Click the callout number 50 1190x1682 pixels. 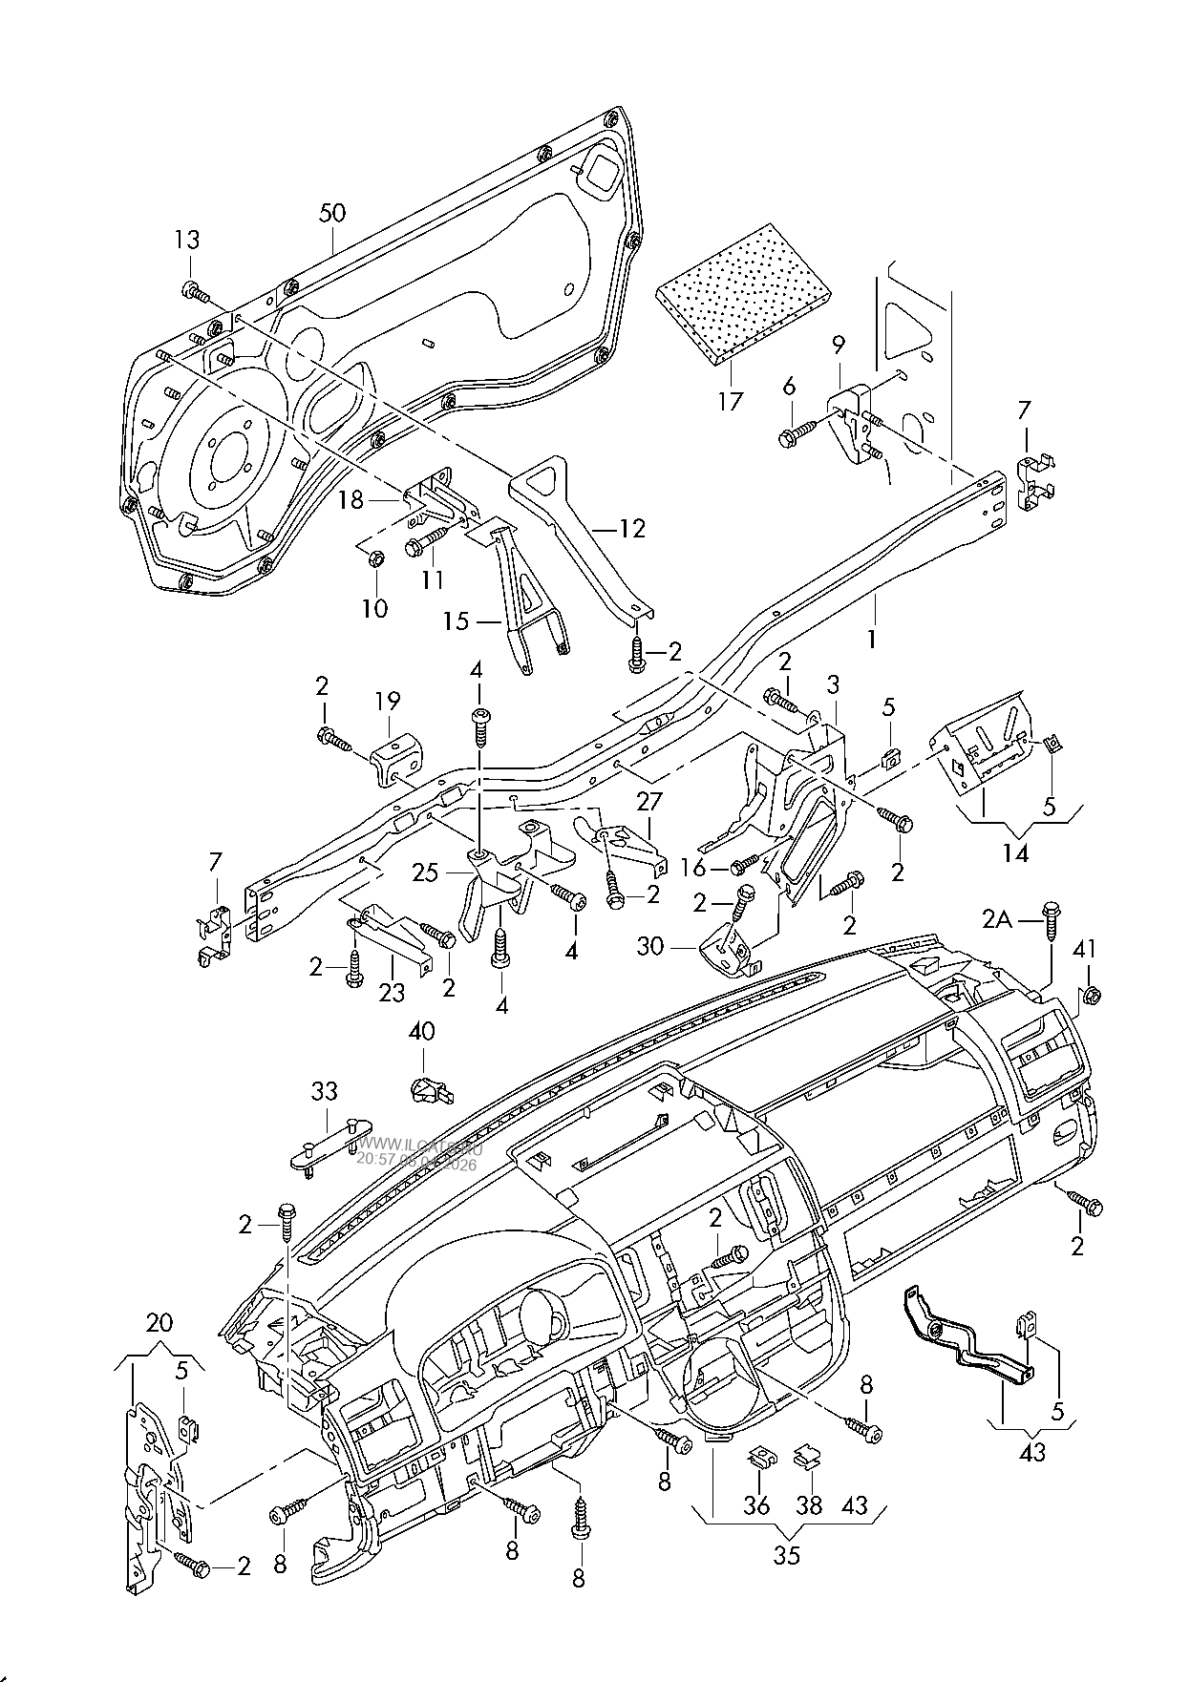(x=331, y=213)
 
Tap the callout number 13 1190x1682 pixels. (x=188, y=239)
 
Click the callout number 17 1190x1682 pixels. (x=730, y=401)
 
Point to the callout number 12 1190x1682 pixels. (x=631, y=528)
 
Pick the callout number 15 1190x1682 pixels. (x=456, y=621)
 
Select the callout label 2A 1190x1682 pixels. (x=1003, y=918)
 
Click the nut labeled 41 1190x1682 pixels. (x=1094, y=996)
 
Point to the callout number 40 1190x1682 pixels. (x=421, y=1031)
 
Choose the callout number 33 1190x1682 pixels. (x=325, y=1090)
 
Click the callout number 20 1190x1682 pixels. (x=159, y=1323)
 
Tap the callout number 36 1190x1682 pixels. (x=758, y=1504)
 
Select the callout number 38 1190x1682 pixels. (x=810, y=1504)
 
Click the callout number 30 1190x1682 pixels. (x=676, y=947)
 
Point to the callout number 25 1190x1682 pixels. (x=425, y=872)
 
